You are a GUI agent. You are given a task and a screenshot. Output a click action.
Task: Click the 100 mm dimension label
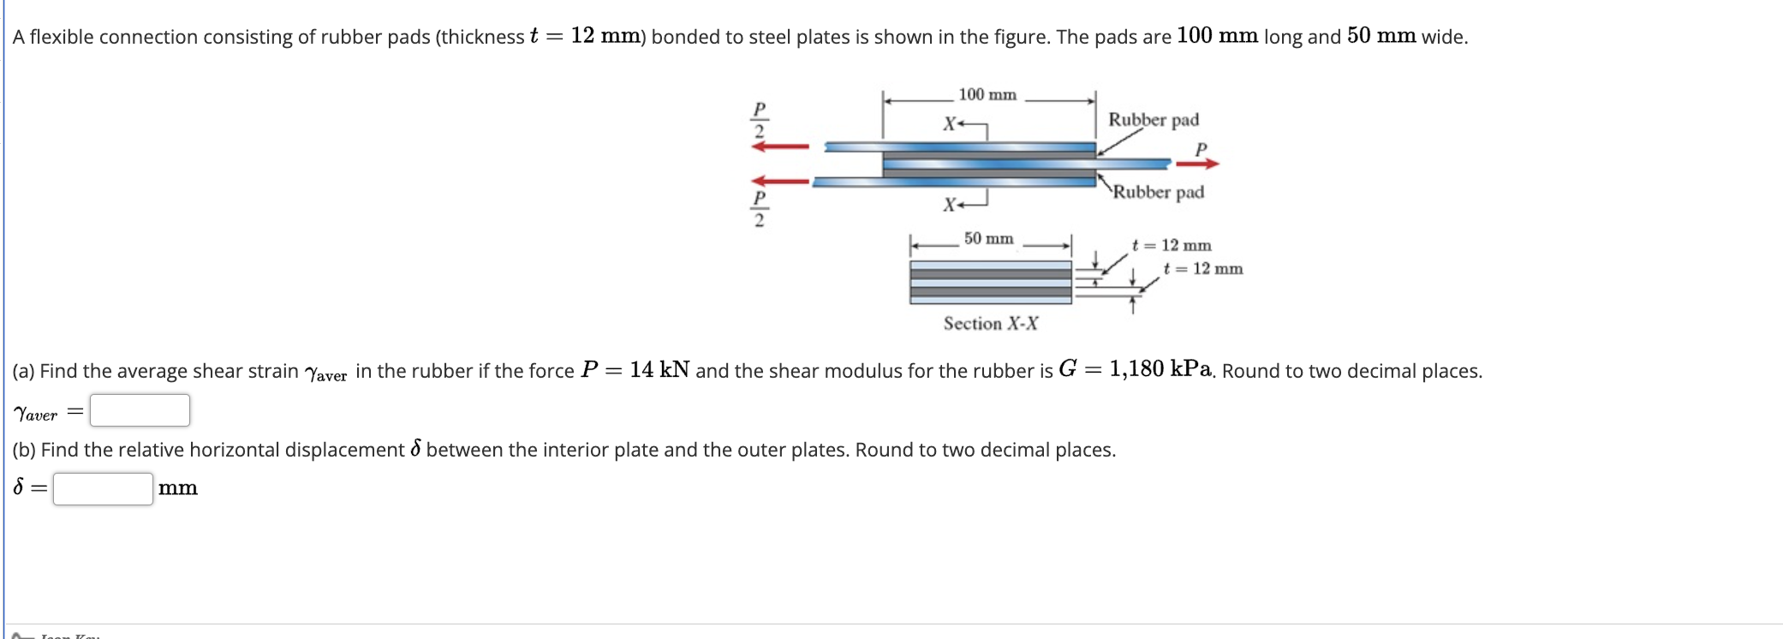(x=987, y=94)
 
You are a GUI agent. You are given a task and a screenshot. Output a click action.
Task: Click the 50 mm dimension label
(x=988, y=238)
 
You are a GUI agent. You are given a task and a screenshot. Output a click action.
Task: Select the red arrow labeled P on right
(x=1196, y=163)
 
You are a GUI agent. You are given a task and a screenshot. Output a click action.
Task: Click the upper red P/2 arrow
(x=780, y=146)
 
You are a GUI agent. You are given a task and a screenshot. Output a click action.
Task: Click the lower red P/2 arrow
(x=780, y=181)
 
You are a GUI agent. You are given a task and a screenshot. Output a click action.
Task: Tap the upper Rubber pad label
(x=1154, y=120)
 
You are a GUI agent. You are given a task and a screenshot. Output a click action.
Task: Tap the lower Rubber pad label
(x=1159, y=192)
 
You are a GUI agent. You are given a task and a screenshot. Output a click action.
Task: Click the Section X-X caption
(x=991, y=323)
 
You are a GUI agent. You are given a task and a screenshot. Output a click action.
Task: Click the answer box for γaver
(x=140, y=410)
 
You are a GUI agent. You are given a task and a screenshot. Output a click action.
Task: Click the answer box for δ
(x=103, y=489)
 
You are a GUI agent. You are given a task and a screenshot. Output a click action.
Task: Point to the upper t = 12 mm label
(x=1172, y=245)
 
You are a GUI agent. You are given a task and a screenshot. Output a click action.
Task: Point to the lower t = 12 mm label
(x=1203, y=268)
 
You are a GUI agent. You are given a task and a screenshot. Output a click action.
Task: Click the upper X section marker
(x=950, y=124)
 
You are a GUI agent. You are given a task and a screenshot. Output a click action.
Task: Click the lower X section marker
(x=950, y=205)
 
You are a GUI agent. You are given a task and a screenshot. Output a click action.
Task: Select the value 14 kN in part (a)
(x=659, y=370)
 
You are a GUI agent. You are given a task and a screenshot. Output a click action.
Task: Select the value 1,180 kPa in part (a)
(x=1160, y=369)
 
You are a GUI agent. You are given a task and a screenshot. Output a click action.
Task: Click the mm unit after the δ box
(x=177, y=488)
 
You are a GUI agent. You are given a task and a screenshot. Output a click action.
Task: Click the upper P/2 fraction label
(x=759, y=120)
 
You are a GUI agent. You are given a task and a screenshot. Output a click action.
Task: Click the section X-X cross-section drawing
(x=990, y=283)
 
